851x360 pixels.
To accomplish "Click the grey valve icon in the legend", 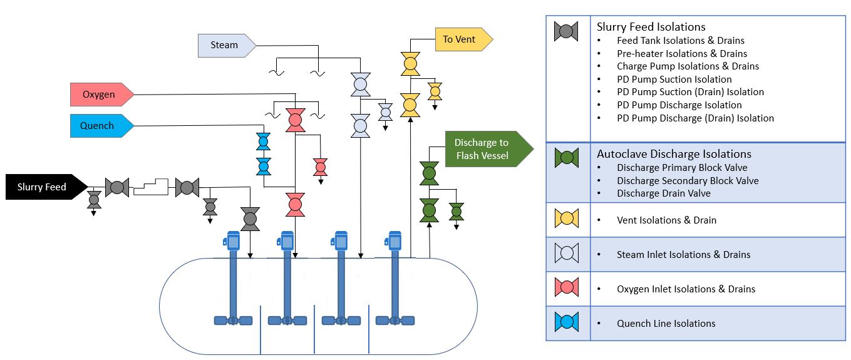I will click(566, 31).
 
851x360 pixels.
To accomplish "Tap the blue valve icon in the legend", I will click(566, 322).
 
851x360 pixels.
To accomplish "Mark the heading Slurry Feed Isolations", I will click(651, 27).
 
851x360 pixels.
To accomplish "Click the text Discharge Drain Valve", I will click(663, 193).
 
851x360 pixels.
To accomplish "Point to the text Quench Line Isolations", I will click(666, 324).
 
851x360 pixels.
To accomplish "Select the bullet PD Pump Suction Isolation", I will click(674, 80).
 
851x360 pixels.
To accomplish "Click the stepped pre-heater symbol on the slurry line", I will click(152, 187).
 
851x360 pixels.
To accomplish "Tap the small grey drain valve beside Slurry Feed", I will click(94, 200).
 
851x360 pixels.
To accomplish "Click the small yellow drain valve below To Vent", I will click(435, 91).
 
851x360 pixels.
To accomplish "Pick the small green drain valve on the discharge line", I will click(456, 212).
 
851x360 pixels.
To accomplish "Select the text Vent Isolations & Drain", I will click(666, 220).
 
